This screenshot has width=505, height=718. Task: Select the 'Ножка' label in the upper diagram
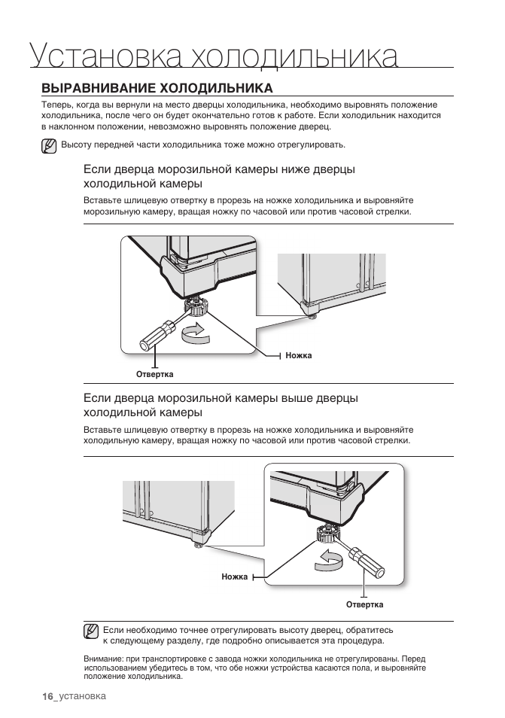299,355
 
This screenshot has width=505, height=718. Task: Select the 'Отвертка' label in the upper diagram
154,374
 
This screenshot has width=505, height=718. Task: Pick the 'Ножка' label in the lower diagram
235,577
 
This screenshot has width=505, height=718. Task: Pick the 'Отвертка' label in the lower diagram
364,604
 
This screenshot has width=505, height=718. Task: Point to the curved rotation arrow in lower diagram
330,557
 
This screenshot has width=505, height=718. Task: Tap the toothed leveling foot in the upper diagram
197,306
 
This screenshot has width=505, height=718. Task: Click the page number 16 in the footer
48,696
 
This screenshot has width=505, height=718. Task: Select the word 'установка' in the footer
83,696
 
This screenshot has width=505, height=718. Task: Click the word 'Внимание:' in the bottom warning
102,659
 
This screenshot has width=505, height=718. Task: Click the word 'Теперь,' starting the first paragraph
57,105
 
